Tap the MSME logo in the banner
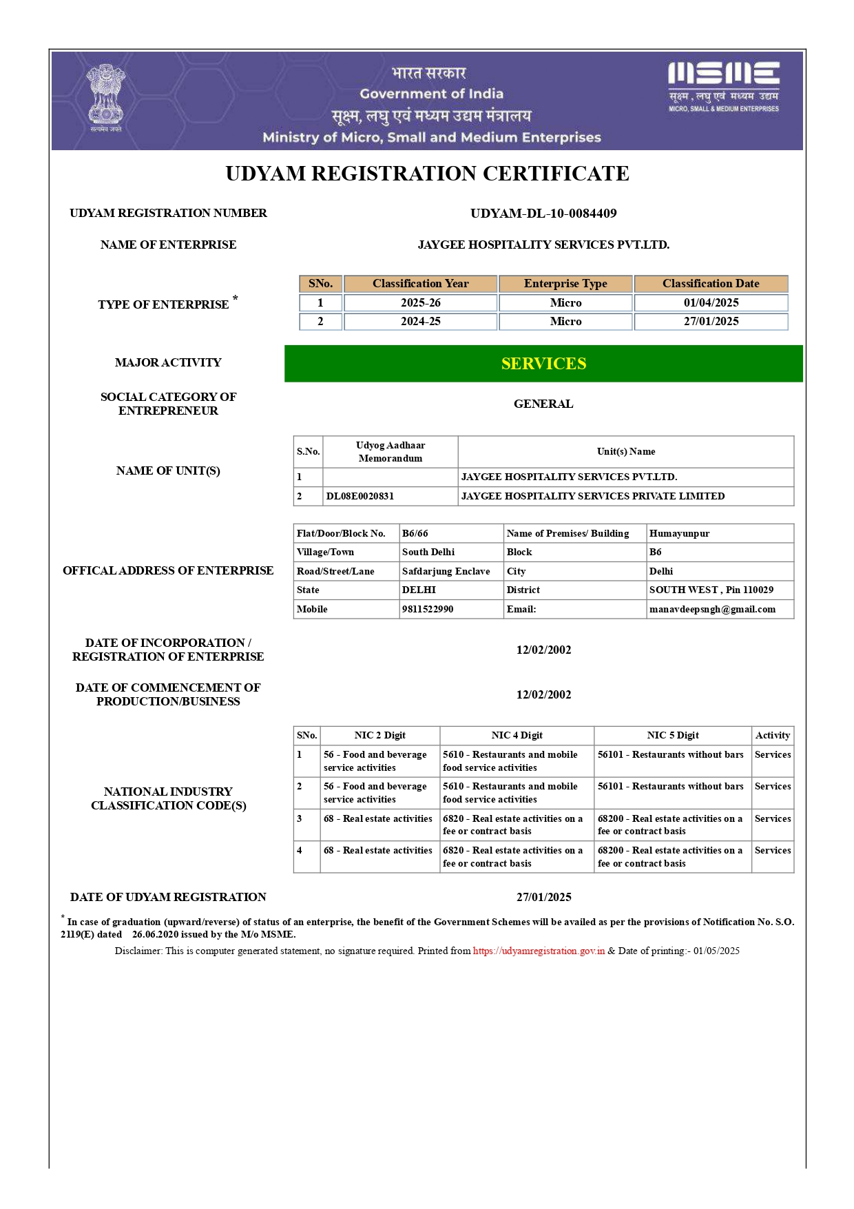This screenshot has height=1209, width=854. [x=723, y=86]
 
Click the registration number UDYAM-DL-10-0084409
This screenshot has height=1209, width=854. [x=543, y=214]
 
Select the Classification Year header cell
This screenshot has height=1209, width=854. [x=420, y=284]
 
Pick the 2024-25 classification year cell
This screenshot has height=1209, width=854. [x=420, y=322]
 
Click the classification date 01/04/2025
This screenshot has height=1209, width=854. [x=711, y=303]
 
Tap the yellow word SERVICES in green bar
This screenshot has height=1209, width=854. [x=543, y=364]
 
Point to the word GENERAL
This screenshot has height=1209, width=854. [x=543, y=404]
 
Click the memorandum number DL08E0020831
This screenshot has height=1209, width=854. [x=360, y=496]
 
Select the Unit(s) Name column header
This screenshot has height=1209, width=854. [x=625, y=452]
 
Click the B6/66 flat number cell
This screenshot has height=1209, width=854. [x=415, y=534]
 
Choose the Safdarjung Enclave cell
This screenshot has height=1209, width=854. [x=446, y=572]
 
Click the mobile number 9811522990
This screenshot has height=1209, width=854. [x=428, y=610]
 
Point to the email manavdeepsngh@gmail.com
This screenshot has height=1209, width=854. [x=712, y=610]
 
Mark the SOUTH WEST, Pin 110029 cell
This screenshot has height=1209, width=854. [x=711, y=590]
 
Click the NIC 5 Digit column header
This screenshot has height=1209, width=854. [x=672, y=736]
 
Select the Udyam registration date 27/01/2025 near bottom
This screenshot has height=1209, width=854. [x=543, y=898]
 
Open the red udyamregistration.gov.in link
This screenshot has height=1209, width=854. [x=539, y=951]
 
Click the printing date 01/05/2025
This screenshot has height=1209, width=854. [x=716, y=951]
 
